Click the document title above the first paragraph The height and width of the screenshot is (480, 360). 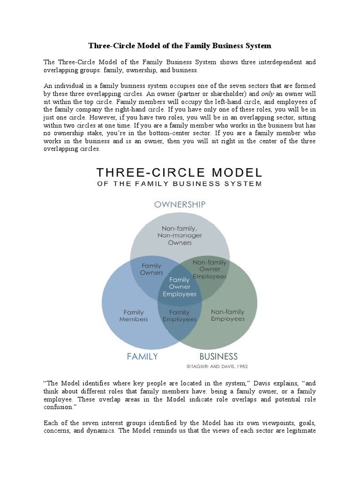point(180,46)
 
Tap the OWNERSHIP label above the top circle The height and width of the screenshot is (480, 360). point(180,204)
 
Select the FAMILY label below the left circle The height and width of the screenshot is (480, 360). point(142,356)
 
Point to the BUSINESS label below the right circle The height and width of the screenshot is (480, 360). point(219,356)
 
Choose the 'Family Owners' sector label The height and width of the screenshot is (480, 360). point(152,269)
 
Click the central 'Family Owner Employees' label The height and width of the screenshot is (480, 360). point(180,287)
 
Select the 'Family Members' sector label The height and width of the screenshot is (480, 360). point(134,315)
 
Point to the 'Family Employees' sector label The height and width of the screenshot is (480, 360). point(180,315)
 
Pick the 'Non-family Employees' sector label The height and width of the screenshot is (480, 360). point(228,315)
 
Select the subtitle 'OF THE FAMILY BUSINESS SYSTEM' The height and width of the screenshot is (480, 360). point(180,184)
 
